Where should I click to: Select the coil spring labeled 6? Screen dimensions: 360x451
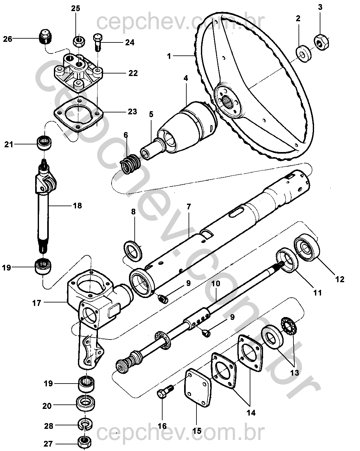click(130, 164)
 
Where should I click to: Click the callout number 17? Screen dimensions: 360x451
click(36, 303)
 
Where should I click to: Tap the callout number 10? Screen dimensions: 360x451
click(216, 284)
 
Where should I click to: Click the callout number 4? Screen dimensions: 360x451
click(186, 79)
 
